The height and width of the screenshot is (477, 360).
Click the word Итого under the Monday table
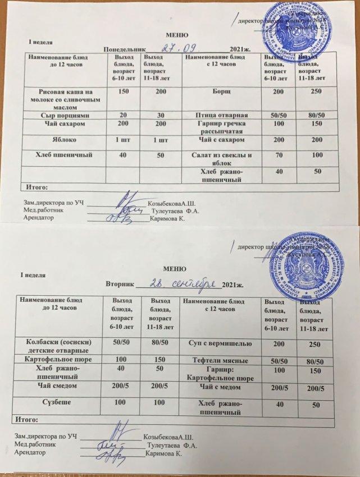(x=33, y=186)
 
